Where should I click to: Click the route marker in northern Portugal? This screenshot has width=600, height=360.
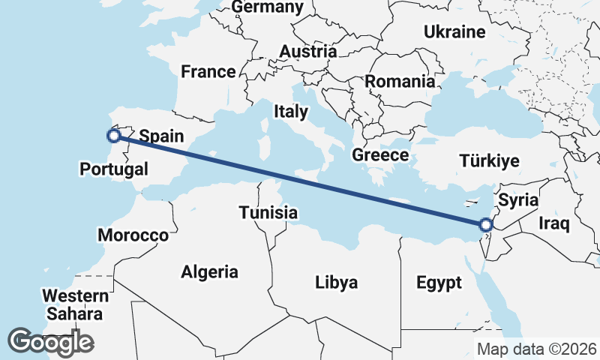[x=114, y=136]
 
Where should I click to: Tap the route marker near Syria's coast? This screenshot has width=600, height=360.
[x=485, y=224]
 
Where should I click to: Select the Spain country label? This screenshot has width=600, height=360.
[x=161, y=136]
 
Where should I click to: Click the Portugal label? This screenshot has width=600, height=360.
[x=114, y=169]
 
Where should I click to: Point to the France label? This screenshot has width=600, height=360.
[x=208, y=72]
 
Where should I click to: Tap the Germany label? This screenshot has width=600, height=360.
[x=268, y=7]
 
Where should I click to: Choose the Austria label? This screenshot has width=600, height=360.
[x=307, y=52]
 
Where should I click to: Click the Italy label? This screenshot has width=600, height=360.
[x=291, y=112]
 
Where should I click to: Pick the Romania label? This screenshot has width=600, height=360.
[x=400, y=81]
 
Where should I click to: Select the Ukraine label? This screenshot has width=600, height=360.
[x=454, y=32]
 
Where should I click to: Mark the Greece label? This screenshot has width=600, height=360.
[x=380, y=155]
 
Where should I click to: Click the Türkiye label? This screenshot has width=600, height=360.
[x=490, y=161]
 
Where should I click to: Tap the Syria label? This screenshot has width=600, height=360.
[x=518, y=199]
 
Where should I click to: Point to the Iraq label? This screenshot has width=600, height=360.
[x=555, y=223]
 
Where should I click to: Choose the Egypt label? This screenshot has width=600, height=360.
[x=439, y=283]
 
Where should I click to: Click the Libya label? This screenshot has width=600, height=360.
[x=336, y=283]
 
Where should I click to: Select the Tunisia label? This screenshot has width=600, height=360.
[x=268, y=213]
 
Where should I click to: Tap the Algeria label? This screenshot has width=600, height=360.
[x=209, y=272]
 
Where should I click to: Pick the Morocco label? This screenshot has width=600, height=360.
[x=133, y=235]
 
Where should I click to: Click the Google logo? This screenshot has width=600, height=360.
[x=50, y=342]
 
